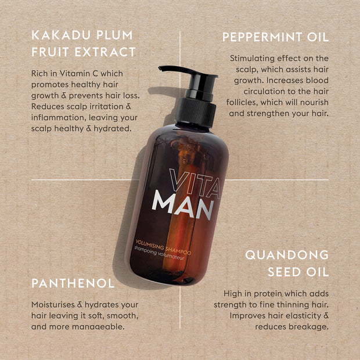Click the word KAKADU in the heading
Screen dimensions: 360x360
pos(61,35)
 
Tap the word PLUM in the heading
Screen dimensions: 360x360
pos(114,35)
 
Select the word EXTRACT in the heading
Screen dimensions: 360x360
pos(105,52)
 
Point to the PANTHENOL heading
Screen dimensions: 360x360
pos(73,283)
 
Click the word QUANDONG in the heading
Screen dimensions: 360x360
pos(287,255)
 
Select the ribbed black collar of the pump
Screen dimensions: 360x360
pos(196,112)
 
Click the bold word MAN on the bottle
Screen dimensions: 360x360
pos(183,204)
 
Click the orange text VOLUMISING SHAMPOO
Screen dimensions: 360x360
pos(163,247)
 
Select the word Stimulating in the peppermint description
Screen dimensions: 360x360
pos(252,59)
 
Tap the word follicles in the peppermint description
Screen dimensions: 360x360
pos(242,102)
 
